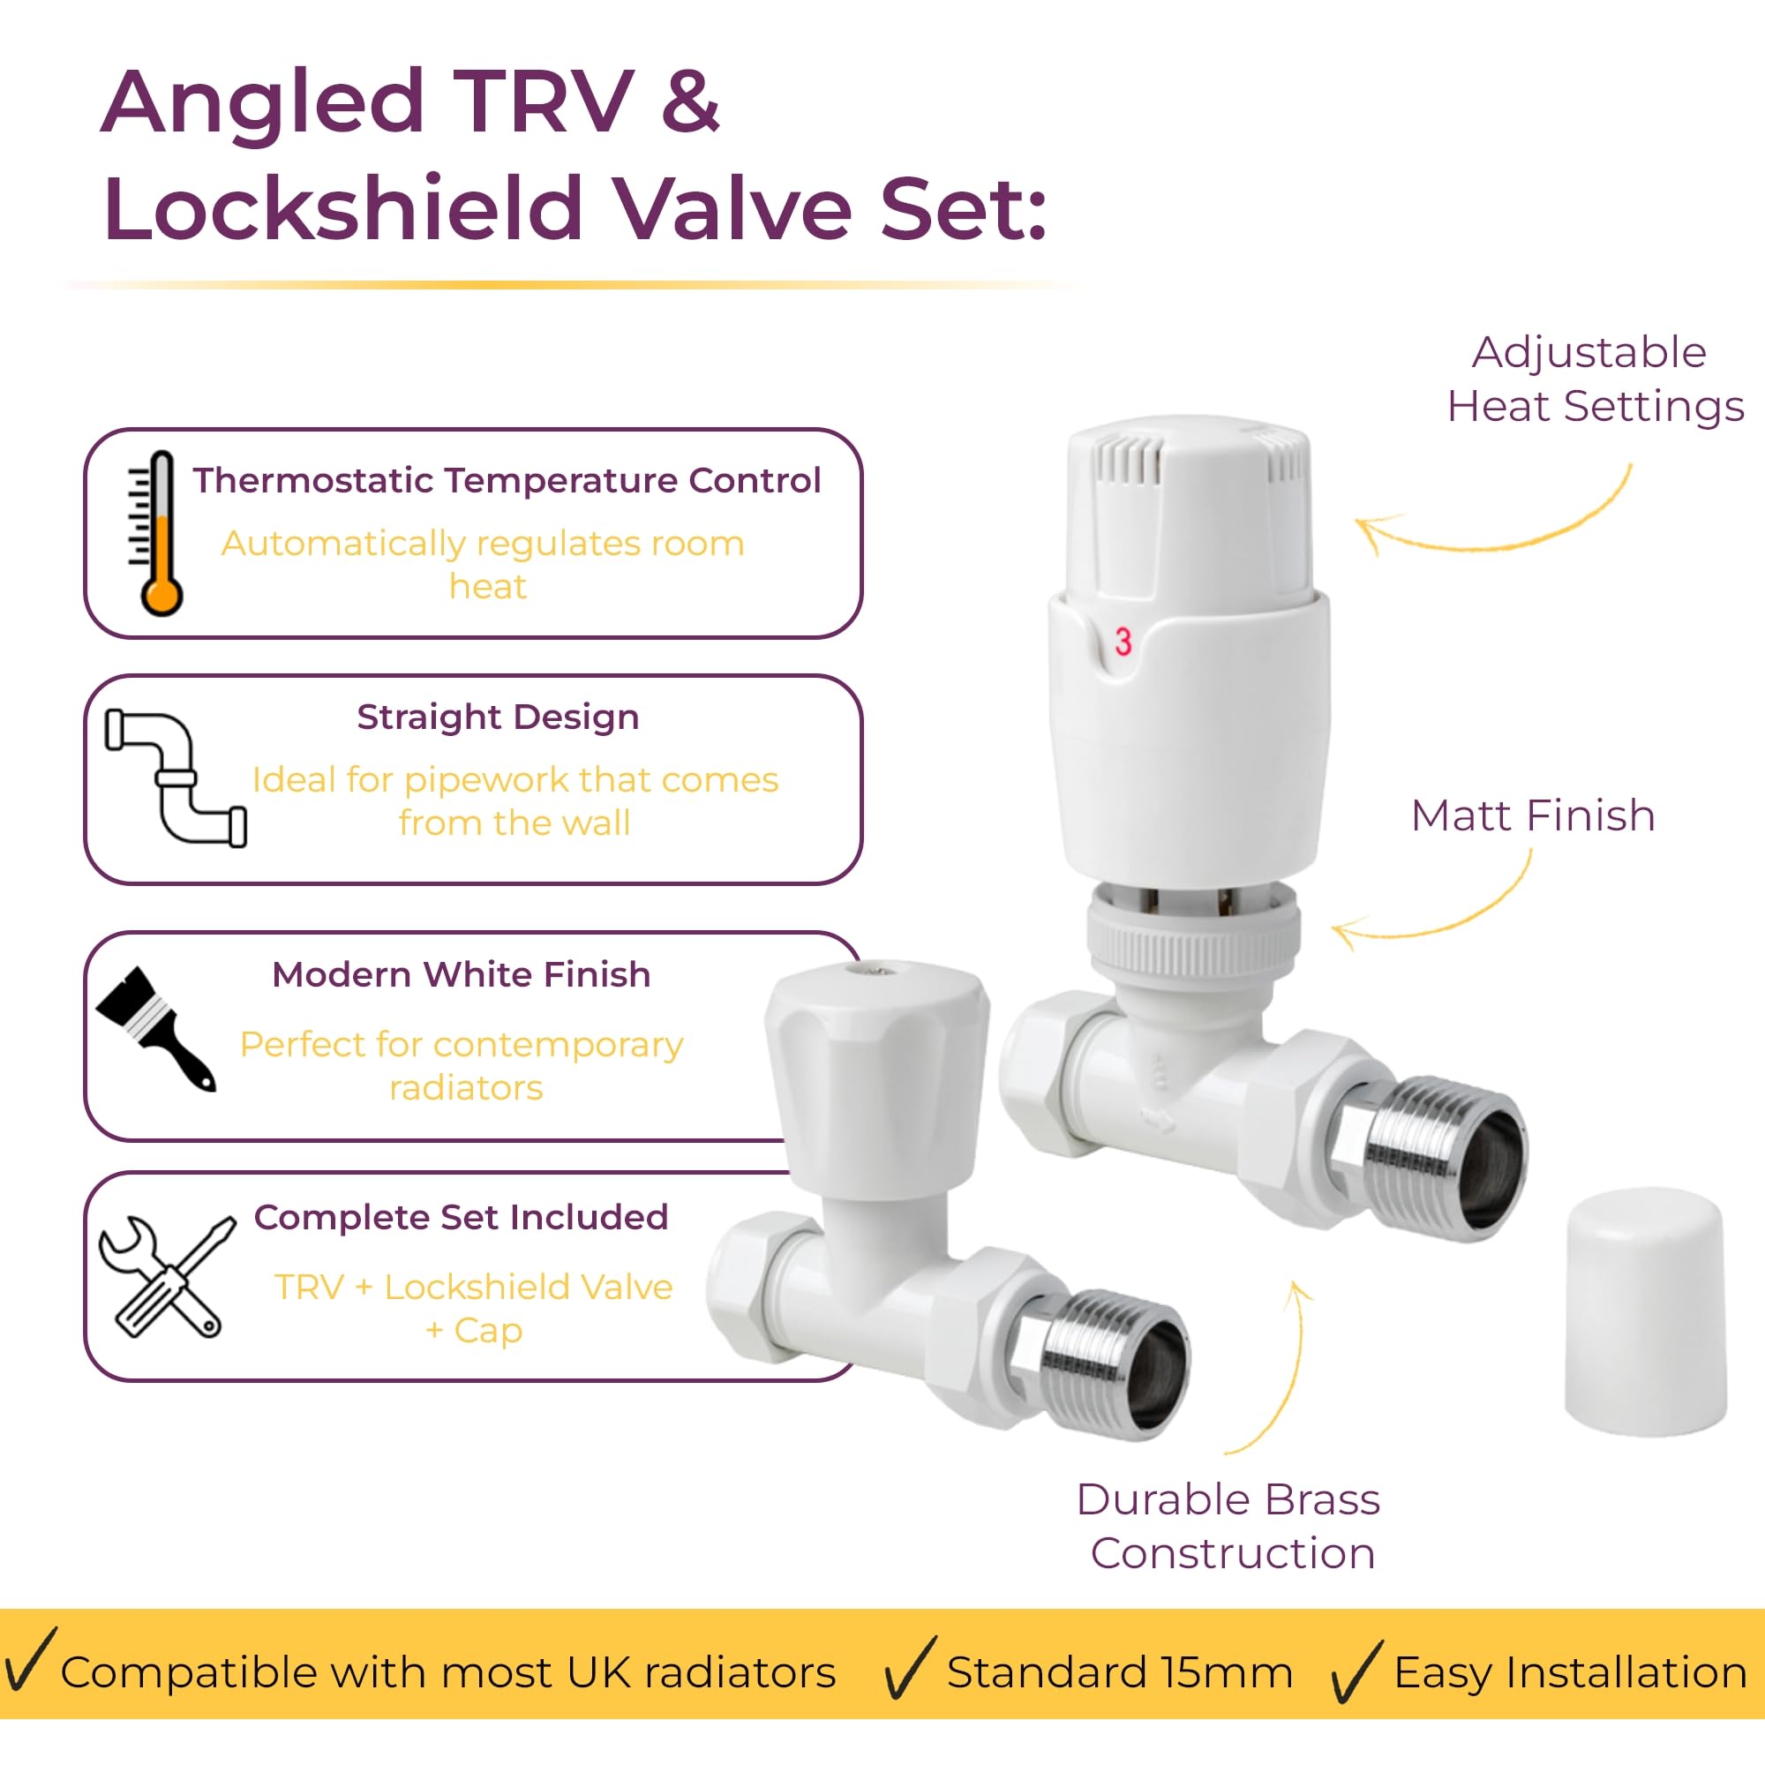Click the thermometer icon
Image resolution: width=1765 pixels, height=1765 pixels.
pyautogui.click(x=157, y=534)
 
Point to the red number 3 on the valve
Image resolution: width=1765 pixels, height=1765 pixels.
pyautogui.click(x=1123, y=642)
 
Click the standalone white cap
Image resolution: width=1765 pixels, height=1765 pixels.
pyautogui.click(x=1645, y=1312)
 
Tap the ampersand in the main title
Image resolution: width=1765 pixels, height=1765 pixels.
pyautogui.click(x=690, y=101)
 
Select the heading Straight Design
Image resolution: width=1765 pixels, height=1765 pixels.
pyautogui.click(x=498, y=717)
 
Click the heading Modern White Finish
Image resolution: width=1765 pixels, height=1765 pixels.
pyautogui.click(x=462, y=975)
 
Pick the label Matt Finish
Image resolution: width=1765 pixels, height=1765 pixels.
pyautogui.click(x=1533, y=815)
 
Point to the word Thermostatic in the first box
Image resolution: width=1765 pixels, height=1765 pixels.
pyautogui.click(x=313, y=481)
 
